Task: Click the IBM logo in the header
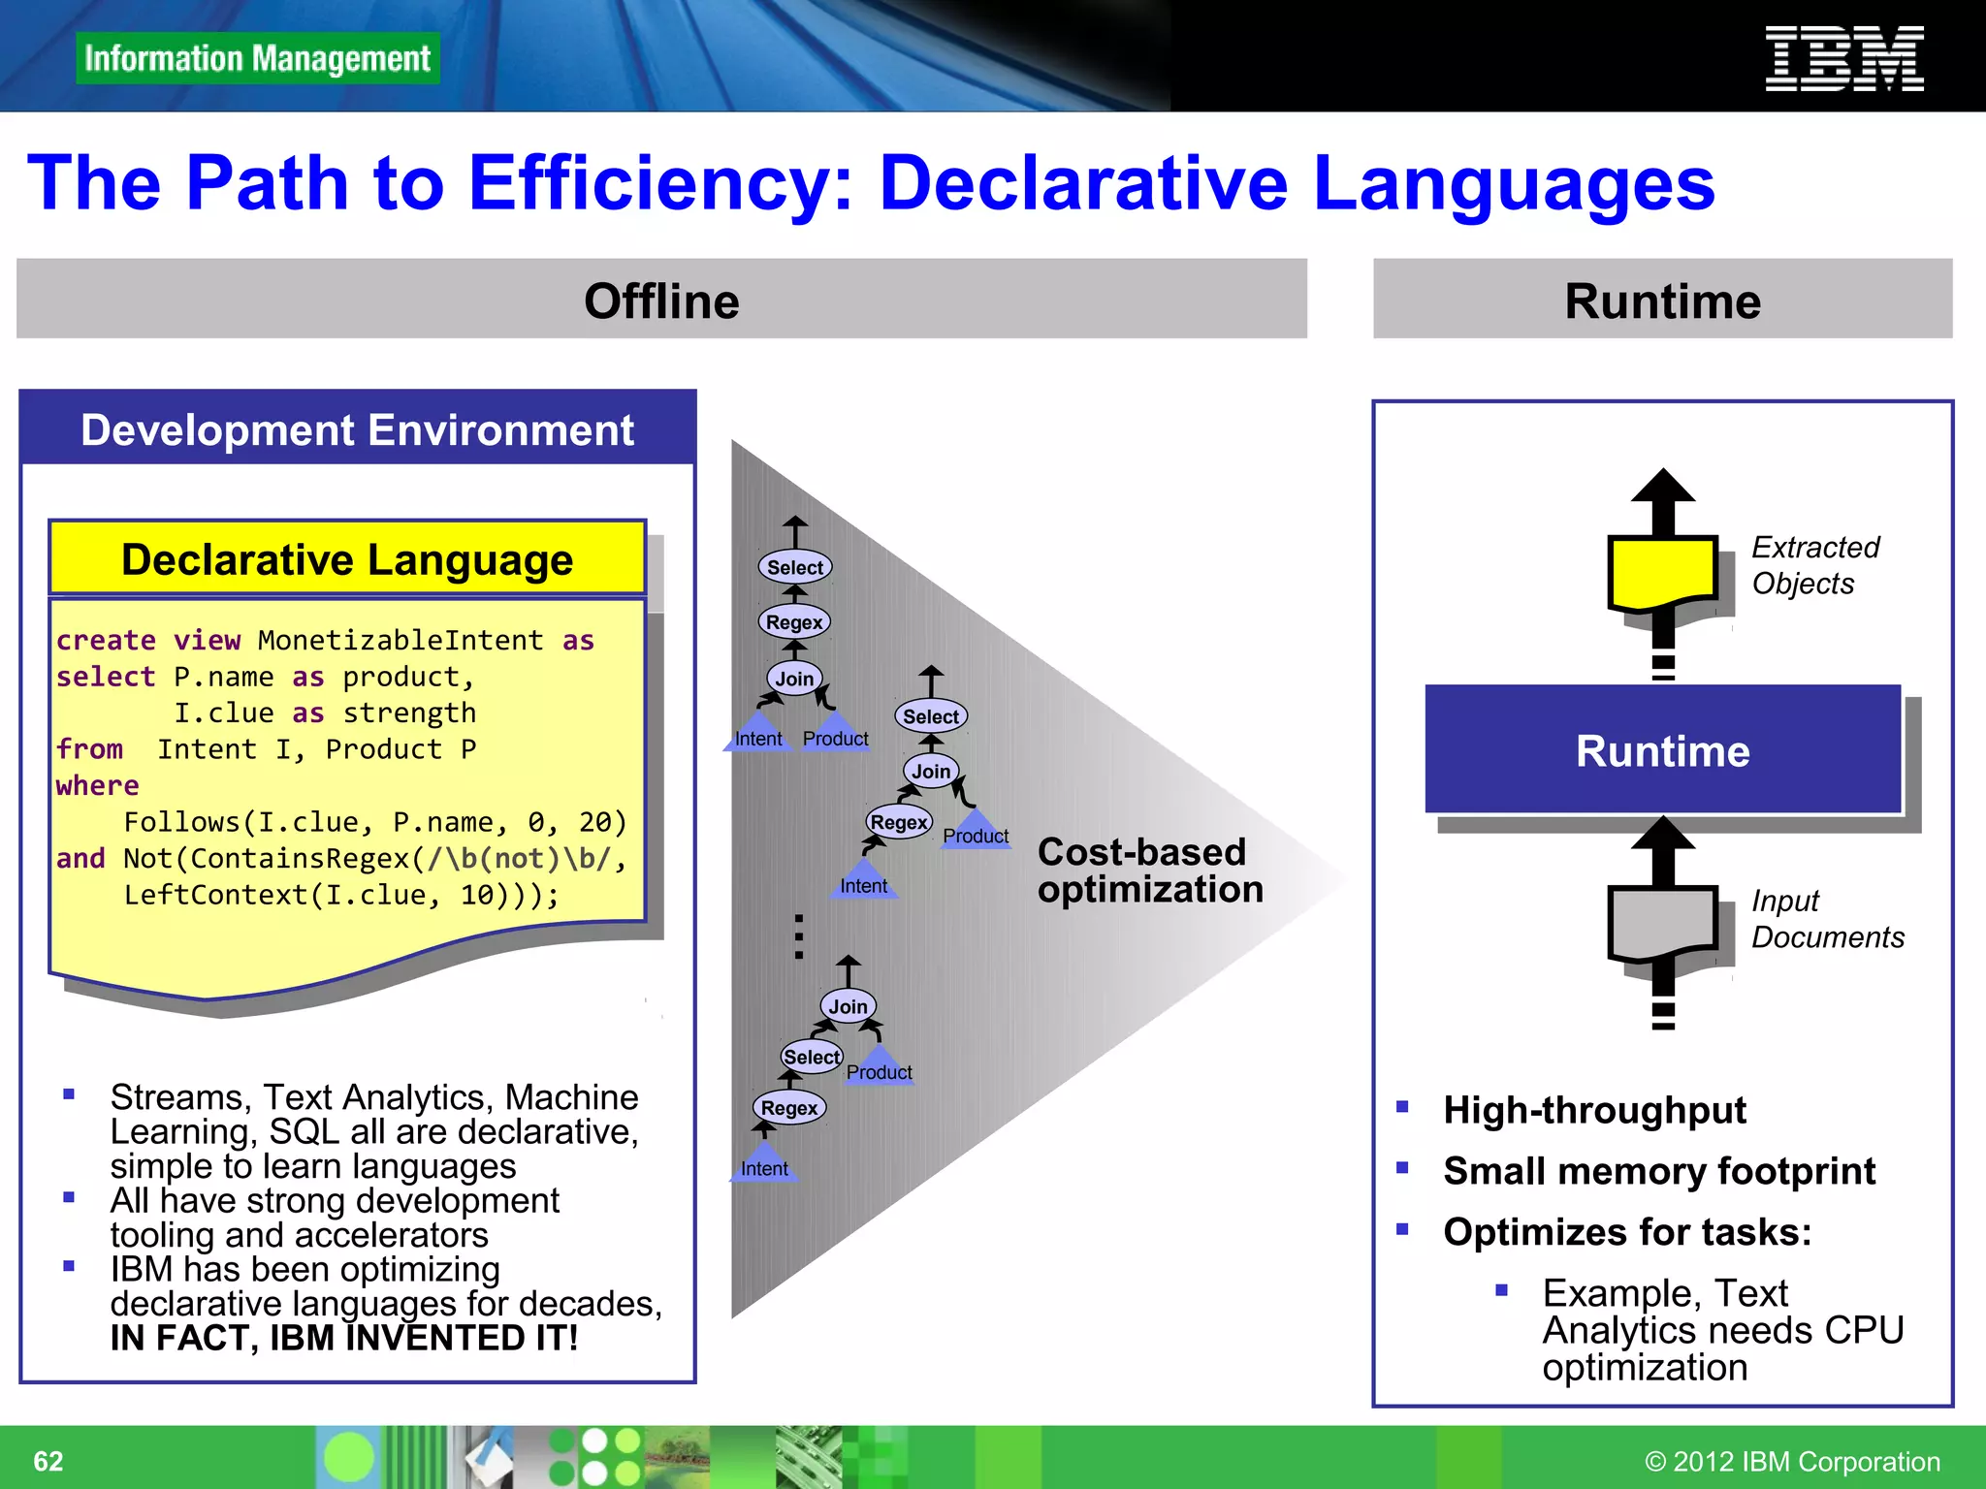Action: (1843, 59)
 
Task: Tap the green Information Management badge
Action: (257, 58)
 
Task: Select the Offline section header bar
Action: (661, 300)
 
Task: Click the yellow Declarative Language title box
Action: (347, 559)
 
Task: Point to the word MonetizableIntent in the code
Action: (400, 641)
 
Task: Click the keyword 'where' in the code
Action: (97, 786)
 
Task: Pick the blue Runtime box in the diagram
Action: (1662, 750)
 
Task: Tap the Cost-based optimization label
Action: (1150, 871)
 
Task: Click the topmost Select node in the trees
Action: (795, 567)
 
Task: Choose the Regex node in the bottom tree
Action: (789, 1108)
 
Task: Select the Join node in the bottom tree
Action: (848, 1006)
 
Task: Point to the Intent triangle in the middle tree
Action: (863, 881)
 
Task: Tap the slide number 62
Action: (48, 1461)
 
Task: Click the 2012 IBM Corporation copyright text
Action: (1792, 1461)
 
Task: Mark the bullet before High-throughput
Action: (1402, 1107)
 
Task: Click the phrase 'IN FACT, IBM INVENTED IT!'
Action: (344, 1338)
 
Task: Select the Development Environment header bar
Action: (357, 429)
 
